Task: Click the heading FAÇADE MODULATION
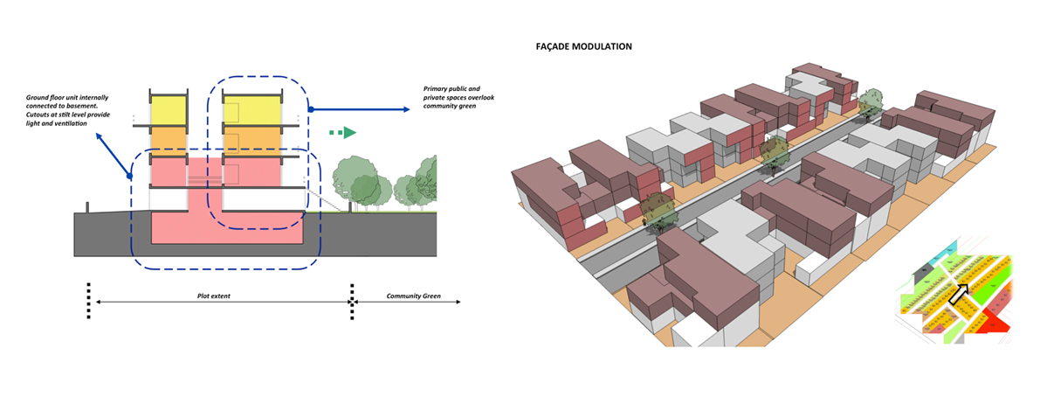pos(583,45)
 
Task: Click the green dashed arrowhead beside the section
pos(348,132)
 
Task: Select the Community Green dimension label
pos(414,296)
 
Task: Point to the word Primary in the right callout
pos(438,89)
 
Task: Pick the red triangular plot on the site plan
pos(994,325)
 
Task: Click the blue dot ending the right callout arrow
pos(310,109)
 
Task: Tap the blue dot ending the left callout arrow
pos(129,176)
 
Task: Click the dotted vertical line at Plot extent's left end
pos(88,301)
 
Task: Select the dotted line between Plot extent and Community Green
pos(353,301)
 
